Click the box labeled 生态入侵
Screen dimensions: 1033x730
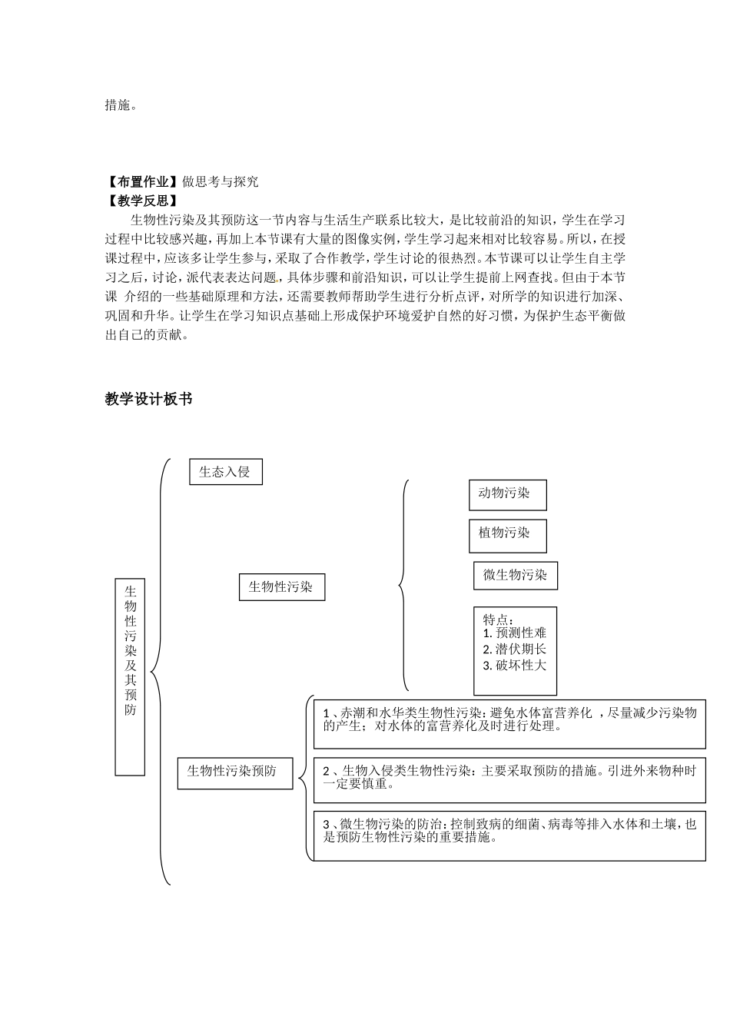pyautogui.click(x=225, y=472)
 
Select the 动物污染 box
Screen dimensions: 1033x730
pyautogui.click(x=507, y=494)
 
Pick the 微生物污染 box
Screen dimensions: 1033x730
pyautogui.click(x=515, y=575)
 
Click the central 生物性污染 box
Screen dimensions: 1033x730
pyautogui.click(x=281, y=587)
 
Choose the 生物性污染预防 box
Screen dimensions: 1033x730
pyautogui.click(x=235, y=772)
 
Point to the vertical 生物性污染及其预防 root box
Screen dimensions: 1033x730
pyautogui.click(x=130, y=676)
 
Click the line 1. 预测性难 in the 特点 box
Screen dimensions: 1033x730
pyautogui.click(x=515, y=633)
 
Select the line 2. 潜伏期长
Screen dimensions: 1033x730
pyautogui.click(x=515, y=649)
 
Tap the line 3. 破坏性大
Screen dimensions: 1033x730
pyautogui.click(x=515, y=666)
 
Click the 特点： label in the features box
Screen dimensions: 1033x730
pyautogui.click(x=499, y=619)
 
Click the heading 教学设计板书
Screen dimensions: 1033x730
pyautogui.click(x=148, y=399)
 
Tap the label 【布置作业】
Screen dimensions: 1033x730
pyautogui.click(x=143, y=182)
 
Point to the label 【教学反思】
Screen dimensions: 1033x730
pyautogui.click(x=143, y=201)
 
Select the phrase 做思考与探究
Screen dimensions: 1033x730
pyautogui.click(x=221, y=182)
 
